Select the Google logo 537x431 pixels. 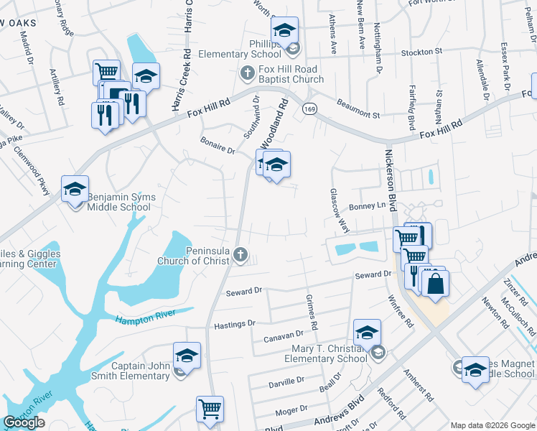[x=24, y=422]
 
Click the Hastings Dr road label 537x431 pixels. [x=235, y=325]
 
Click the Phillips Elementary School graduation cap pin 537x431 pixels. [x=284, y=32]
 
